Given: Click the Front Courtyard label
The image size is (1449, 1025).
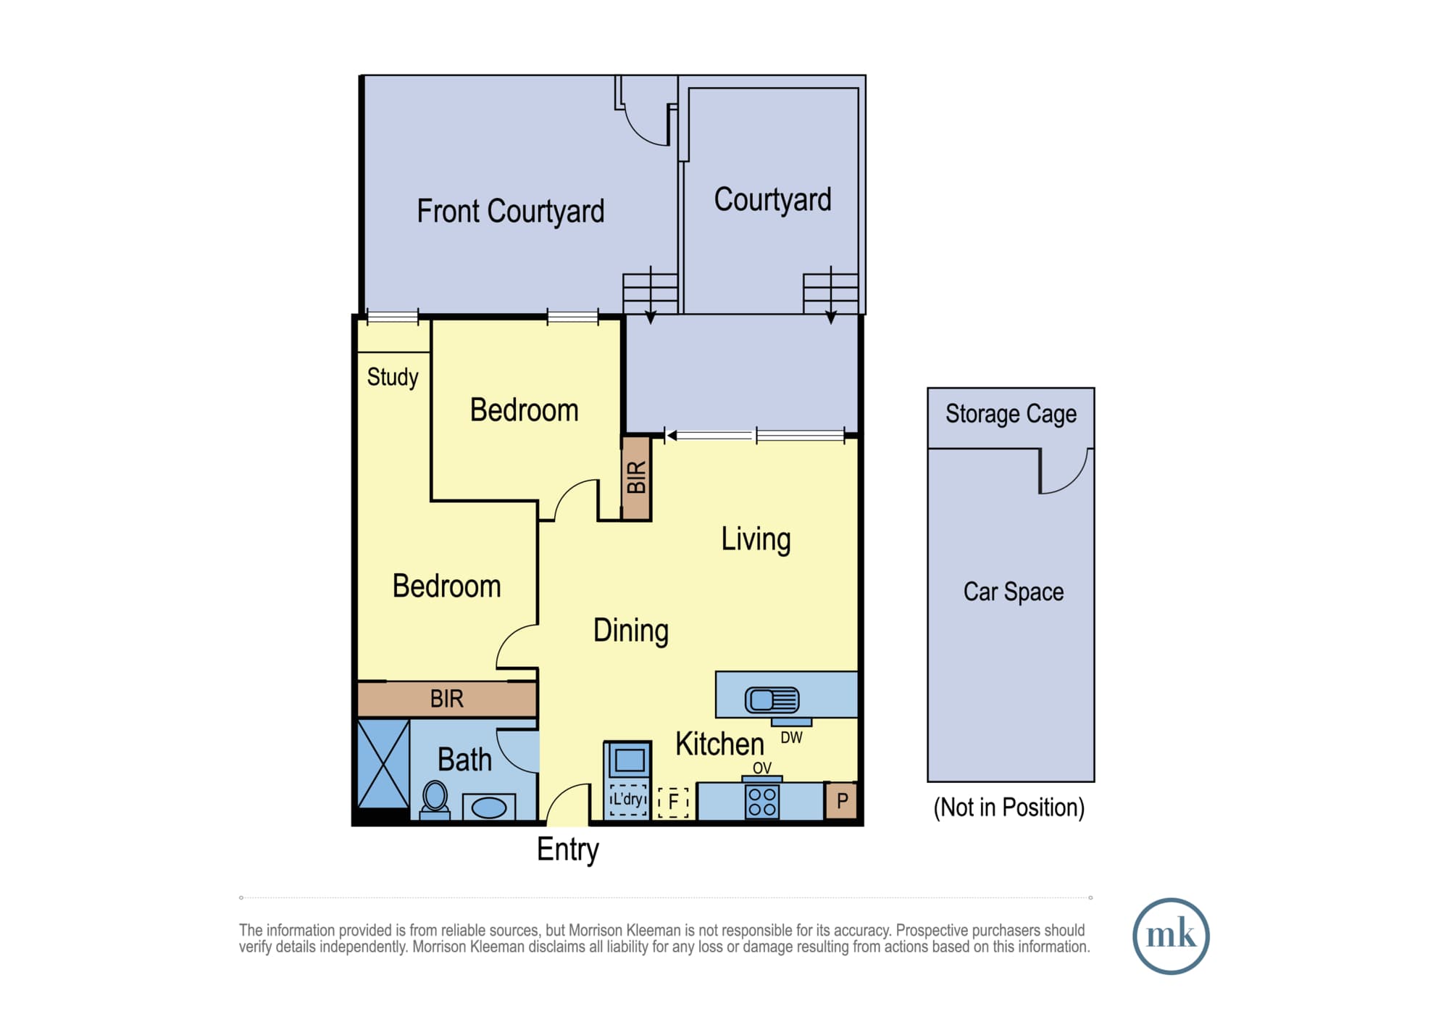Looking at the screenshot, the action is click(x=510, y=212).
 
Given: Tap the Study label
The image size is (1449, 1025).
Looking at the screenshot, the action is click(x=393, y=377).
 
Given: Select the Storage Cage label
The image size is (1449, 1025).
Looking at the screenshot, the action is click(x=1011, y=414).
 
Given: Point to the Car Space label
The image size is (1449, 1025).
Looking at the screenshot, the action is click(x=1014, y=592).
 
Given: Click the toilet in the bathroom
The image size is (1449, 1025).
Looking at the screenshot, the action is click(x=435, y=799).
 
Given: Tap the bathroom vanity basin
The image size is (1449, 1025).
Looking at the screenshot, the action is click(x=489, y=807).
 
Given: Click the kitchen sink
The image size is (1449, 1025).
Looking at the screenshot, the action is click(x=772, y=700).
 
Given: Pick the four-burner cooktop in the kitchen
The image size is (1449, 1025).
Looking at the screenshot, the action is click(x=762, y=802).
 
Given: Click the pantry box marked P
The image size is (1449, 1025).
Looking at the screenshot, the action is click(x=842, y=801).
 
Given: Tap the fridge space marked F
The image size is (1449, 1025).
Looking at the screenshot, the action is click(x=673, y=802).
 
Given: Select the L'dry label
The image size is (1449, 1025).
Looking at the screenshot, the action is click(x=627, y=799).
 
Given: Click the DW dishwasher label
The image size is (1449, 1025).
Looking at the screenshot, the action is click(x=791, y=738).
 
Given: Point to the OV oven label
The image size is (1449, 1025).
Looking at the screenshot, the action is click(x=762, y=768).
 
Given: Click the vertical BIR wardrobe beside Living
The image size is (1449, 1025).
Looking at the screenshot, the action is click(x=636, y=478).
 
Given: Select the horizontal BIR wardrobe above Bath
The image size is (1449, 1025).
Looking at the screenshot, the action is click(x=447, y=699).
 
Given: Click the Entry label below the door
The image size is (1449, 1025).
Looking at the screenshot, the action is click(x=568, y=850).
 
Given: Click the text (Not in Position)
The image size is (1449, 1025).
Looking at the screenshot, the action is click(x=1009, y=808).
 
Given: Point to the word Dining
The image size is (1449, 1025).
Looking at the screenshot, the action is click(x=631, y=631).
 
